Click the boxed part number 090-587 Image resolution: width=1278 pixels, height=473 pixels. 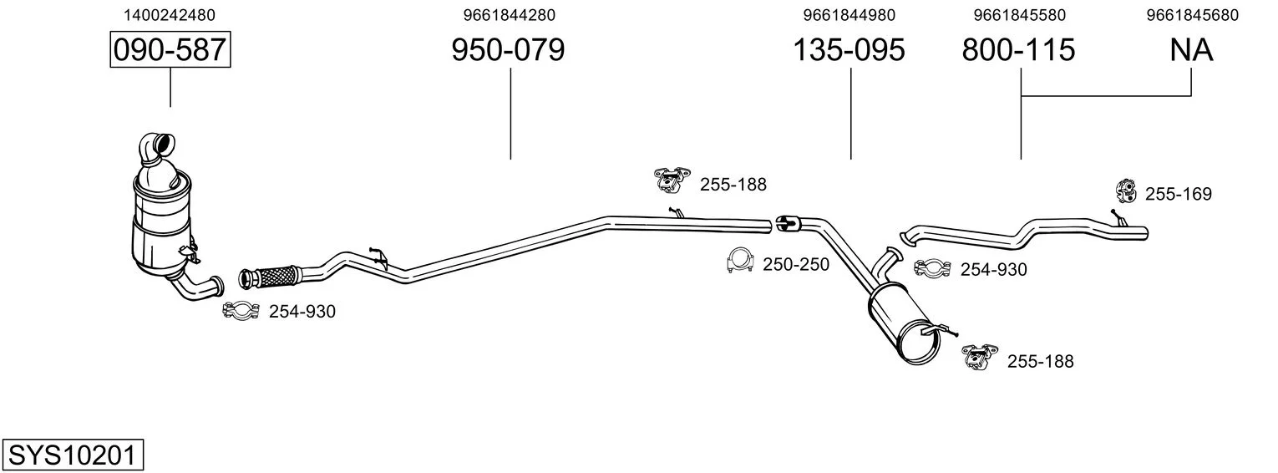170,49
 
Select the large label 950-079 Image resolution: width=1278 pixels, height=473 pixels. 508,49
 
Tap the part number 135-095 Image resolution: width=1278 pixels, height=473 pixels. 849,49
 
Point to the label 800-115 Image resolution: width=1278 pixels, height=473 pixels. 1018,49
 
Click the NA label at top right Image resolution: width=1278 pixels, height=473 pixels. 1191,49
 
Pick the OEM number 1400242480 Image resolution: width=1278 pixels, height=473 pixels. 170,15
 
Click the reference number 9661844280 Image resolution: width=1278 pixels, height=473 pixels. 509,15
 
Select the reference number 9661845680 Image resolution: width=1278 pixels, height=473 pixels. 1193,15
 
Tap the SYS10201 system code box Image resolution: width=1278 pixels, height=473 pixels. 73,455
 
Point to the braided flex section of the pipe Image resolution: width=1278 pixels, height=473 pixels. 276,276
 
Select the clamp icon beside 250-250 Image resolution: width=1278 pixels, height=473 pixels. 741,261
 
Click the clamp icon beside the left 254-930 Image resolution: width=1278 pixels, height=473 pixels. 241,310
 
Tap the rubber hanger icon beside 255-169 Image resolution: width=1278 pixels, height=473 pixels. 1126,191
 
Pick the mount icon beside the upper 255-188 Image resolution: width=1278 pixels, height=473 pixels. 672,179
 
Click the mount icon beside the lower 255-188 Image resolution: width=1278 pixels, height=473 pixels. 980,356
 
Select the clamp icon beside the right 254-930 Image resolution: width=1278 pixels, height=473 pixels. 932,267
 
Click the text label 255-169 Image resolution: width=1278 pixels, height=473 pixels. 1178,194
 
